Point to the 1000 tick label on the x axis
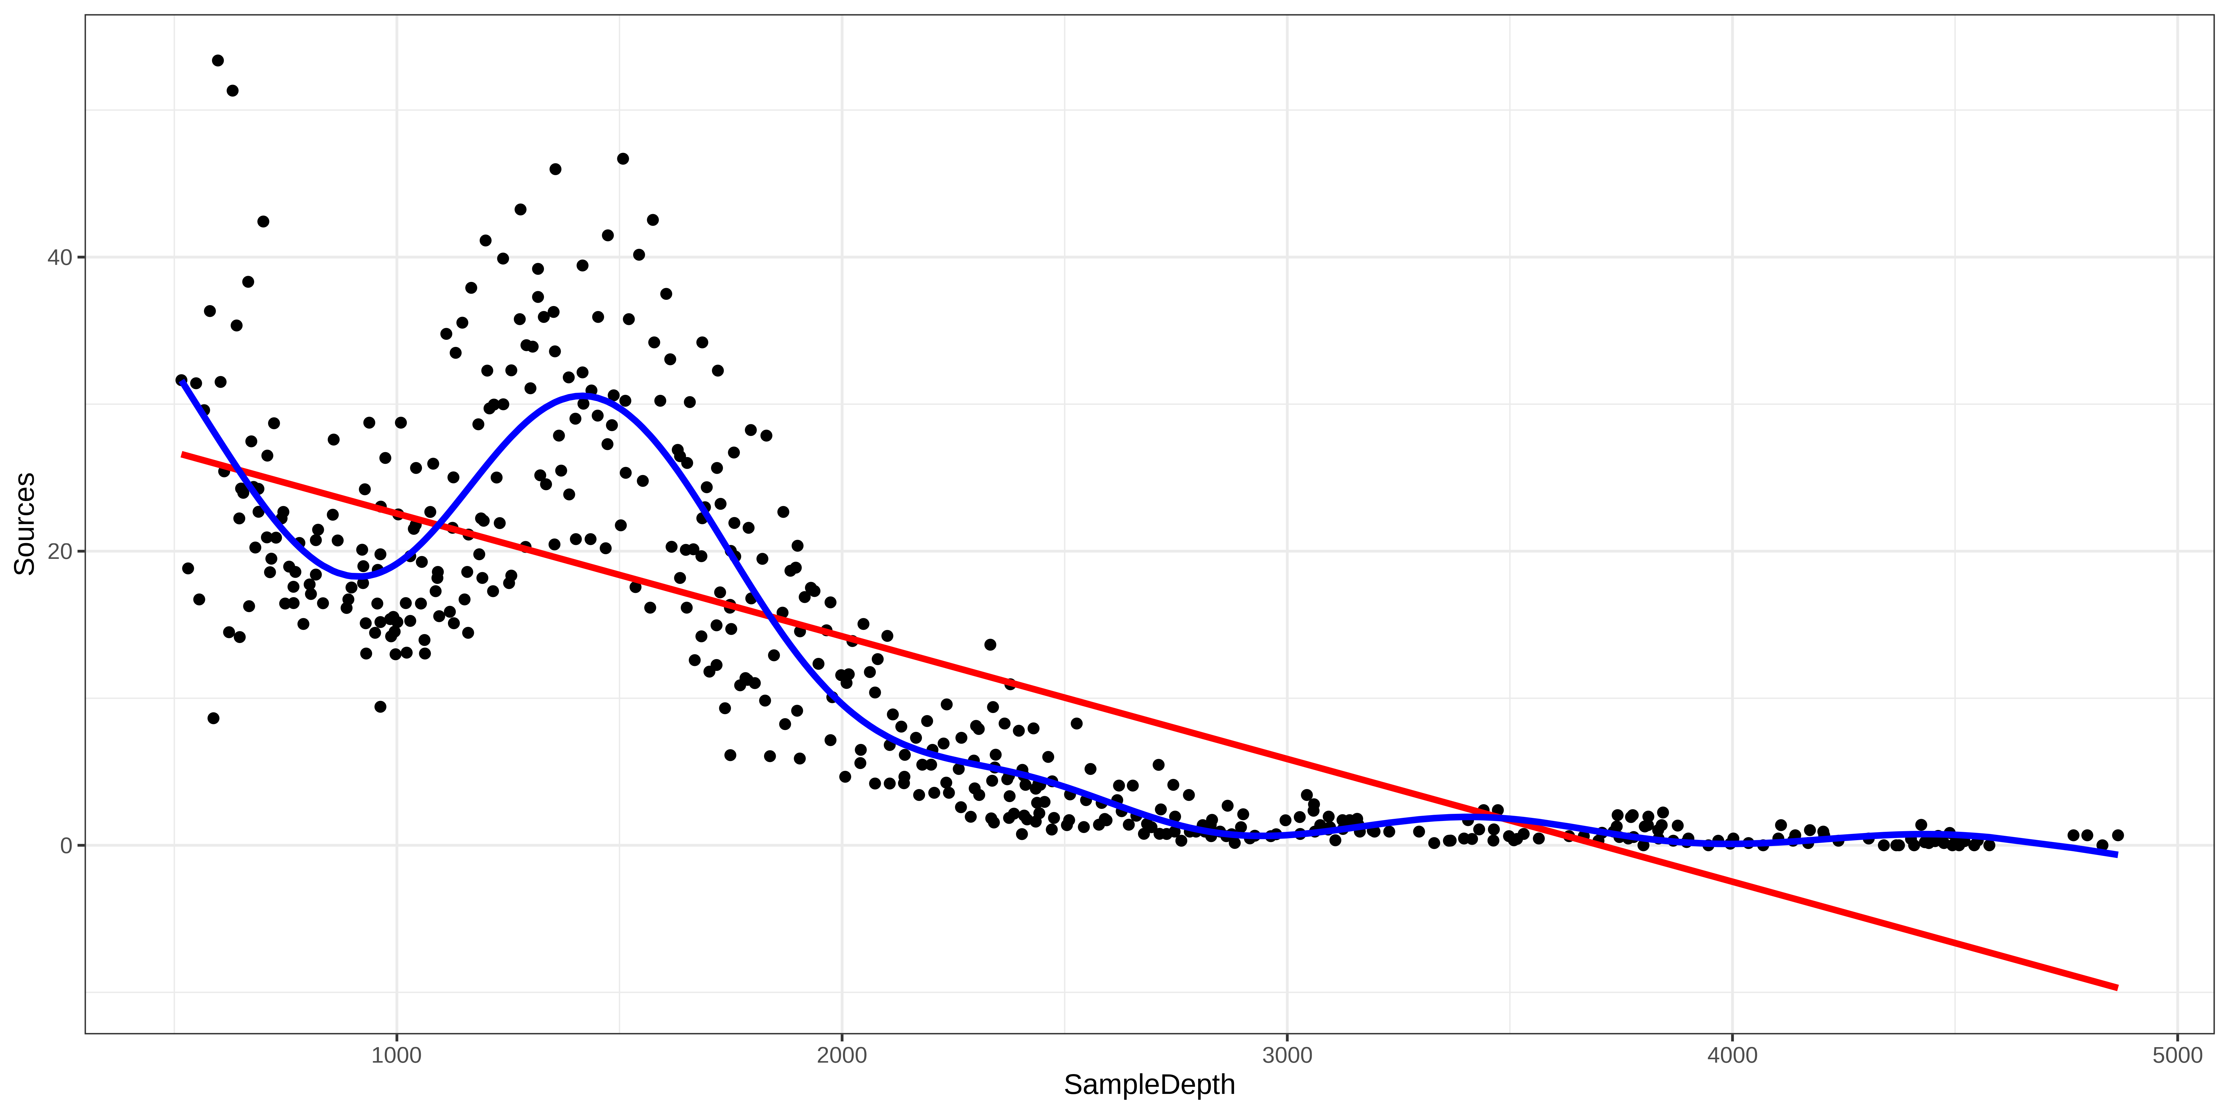(x=396, y=1056)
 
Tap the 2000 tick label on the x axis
(x=842, y=1056)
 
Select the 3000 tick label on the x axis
(x=1287, y=1056)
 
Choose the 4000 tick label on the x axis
(x=1732, y=1056)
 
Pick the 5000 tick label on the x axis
(x=2177, y=1056)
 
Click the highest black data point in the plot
(x=218, y=61)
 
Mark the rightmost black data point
(x=2117, y=836)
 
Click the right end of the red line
(x=2117, y=987)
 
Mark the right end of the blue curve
(x=2117, y=854)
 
